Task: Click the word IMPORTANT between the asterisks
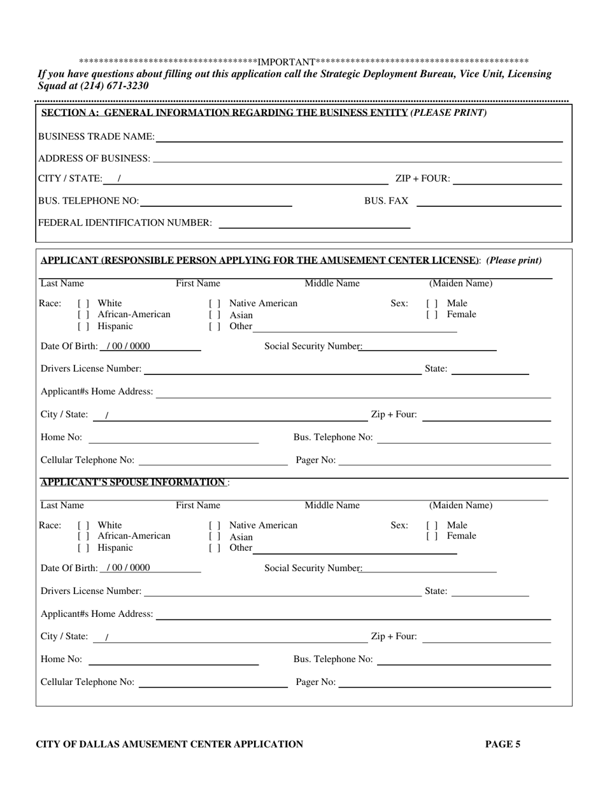[x=287, y=62]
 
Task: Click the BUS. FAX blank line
[x=488, y=202]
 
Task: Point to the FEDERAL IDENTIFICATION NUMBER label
[x=125, y=223]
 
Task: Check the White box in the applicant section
[x=83, y=304]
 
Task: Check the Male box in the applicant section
[x=432, y=304]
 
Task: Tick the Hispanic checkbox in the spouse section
[x=83, y=548]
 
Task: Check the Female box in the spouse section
[x=432, y=537]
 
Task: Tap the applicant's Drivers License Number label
[x=91, y=369]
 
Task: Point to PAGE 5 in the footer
[x=502, y=744]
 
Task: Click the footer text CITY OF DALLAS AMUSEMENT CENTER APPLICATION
[x=169, y=744]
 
